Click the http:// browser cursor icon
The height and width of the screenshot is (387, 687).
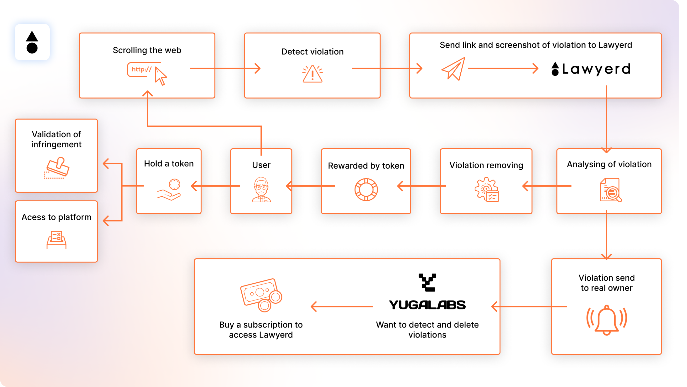[x=147, y=73]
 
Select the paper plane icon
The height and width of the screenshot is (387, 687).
[x=454, y=69]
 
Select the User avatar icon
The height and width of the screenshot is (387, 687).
[x=261, y=190]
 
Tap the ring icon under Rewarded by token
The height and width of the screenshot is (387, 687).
[x=366, y=190]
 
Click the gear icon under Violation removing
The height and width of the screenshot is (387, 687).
[x=486, y=190]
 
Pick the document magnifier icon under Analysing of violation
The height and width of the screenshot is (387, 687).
[x=610, y=190]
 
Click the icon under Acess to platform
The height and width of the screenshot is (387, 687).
[x=57, y=239]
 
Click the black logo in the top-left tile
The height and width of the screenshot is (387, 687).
[x=32, y=42]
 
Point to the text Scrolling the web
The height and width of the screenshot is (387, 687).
[x=147, y=50]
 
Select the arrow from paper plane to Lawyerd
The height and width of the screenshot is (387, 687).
[x=503, y=68]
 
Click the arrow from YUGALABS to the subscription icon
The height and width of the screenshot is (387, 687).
[x=342, y=306]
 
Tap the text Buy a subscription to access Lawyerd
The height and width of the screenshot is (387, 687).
[x=261, y=330]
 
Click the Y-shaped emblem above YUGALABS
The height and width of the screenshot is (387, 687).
[x=427, y=282]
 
